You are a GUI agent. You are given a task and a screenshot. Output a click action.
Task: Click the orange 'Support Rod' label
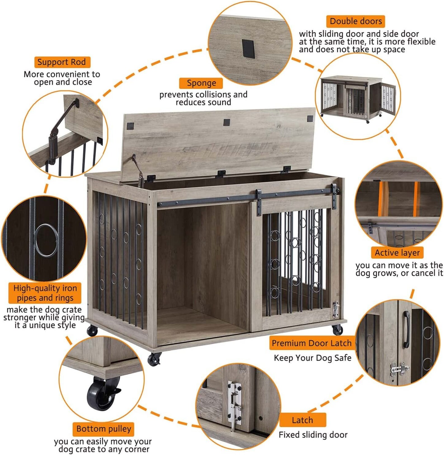click(x=62, y=62)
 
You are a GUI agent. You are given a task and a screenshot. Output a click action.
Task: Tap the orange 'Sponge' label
click(x=201, y=83)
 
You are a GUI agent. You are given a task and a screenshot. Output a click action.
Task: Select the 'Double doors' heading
click(x=355, y=21)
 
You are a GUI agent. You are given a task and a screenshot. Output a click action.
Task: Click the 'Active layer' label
click(x=397, y=253)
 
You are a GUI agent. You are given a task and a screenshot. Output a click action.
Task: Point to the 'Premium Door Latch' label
click(x=311, y=343)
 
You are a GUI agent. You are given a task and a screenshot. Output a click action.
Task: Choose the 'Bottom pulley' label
click(x=103, y=429)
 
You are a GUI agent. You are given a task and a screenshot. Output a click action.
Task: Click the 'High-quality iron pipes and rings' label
click(x=45, y=293)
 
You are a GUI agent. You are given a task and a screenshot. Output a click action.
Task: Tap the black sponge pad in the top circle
click(x=248, y=48)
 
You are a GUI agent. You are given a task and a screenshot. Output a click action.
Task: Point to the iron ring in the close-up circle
click(x=46, y=240)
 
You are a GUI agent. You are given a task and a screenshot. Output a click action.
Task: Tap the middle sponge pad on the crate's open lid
click(x=226, y=122)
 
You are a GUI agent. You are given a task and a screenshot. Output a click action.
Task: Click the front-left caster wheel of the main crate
click(x=154, y=359)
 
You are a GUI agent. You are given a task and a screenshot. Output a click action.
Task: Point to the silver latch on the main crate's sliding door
click(x=336, y=309)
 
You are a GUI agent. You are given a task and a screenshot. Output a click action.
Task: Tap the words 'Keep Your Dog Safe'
click(x=312, y=358)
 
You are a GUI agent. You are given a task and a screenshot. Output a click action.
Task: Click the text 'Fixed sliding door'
click(x=313, y=435)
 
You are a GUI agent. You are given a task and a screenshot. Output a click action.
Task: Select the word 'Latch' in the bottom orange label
click(x=302, y=420)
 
